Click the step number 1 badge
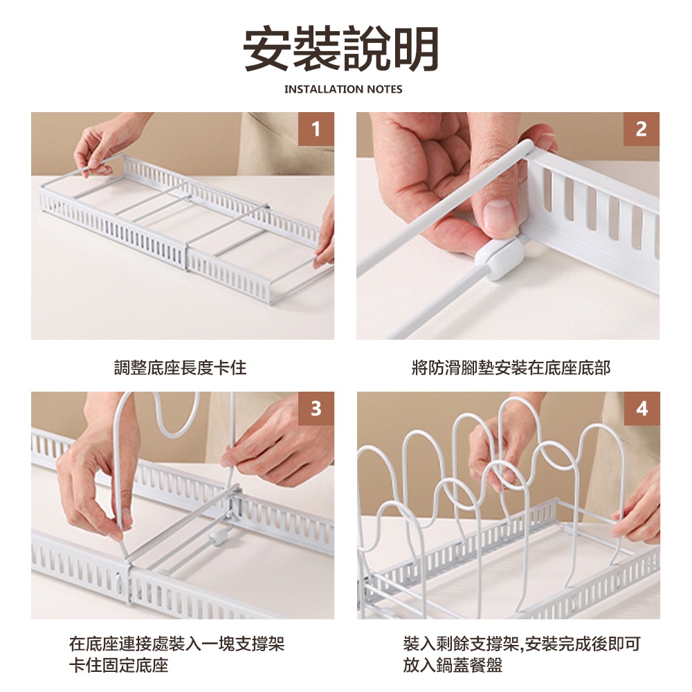(x=316, y=129)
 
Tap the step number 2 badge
(x=641, y=129)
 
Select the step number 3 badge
(x=316, y=409)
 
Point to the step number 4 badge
(x=642, y=409)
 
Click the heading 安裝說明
(x=341, y=48)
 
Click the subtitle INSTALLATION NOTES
(x=343, y=89)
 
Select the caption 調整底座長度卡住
(x=181, y=367)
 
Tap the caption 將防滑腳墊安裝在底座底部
(x=511, y=367)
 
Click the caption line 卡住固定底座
(x=119, y=665)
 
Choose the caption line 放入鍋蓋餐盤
(x=453, y=665)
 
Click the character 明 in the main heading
(x=415, y=48)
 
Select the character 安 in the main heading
(x=267, y=48)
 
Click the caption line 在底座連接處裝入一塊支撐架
(x=177, y=644)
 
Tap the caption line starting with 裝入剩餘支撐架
(x=522, y=644)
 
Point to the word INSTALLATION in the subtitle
(x=318, y=89)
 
